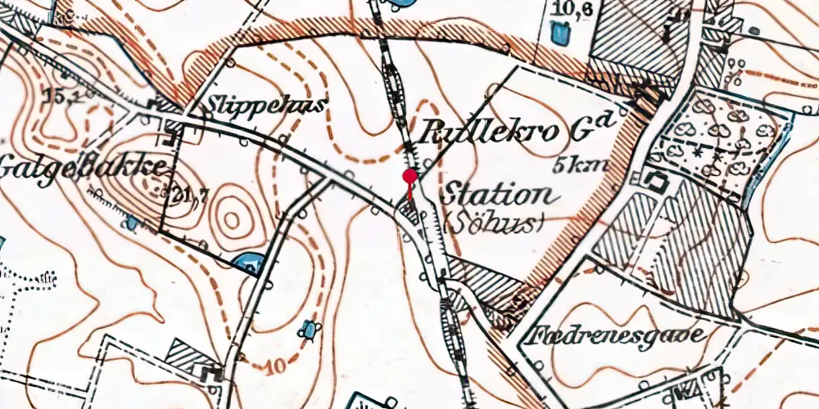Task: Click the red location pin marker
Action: click(x=409, y=176)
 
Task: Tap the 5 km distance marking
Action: click(x=581, y=164)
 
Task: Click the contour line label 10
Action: click(x=277, y=366)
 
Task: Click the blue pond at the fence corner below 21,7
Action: click(x=248, y=263)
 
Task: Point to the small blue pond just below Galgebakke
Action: click(x=131, y=222)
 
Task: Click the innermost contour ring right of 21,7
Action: click(x=232, y=218)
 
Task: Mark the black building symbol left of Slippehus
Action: click(x=156, y=105)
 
